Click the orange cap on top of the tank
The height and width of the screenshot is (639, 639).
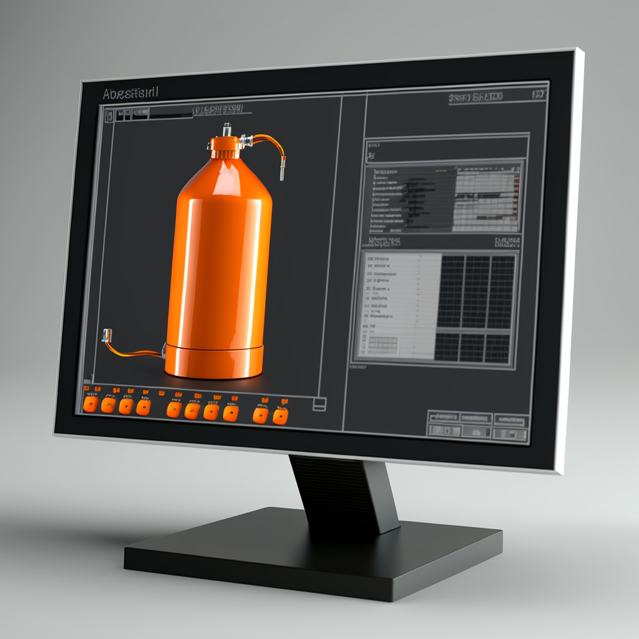225,147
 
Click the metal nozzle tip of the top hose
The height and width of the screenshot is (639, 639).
282,170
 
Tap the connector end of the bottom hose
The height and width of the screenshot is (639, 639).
107,335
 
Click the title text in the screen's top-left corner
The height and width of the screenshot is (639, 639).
130,93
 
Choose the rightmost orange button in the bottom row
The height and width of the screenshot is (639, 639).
280,416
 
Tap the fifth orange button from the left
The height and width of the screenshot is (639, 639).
175,409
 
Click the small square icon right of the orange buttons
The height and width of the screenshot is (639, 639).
319,404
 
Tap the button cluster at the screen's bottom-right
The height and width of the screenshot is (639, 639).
477,424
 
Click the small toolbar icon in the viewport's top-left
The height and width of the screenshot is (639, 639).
109,115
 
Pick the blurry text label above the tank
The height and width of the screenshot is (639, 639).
217,111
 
